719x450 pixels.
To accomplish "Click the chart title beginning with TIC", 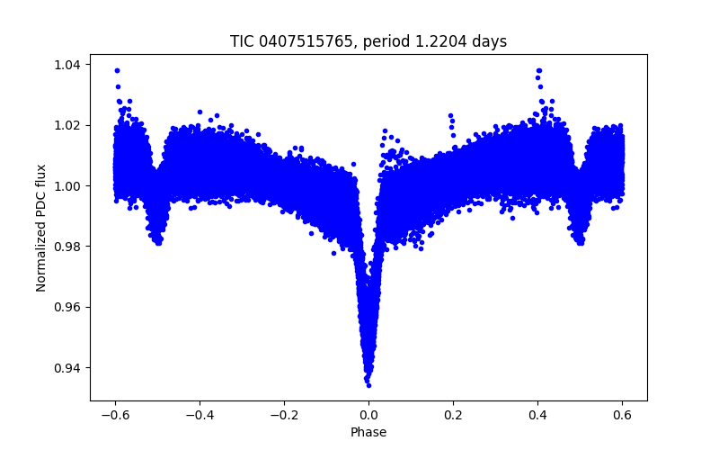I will (368, 41).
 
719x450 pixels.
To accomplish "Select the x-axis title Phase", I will (368, 432).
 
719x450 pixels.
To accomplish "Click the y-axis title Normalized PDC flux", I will (40, 228).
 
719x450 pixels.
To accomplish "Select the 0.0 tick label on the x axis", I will (368, 415).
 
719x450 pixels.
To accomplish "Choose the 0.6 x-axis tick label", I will (622, 415).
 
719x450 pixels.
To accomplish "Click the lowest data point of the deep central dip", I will (368, 385).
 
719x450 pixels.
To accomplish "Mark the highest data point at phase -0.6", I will (117, 70).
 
